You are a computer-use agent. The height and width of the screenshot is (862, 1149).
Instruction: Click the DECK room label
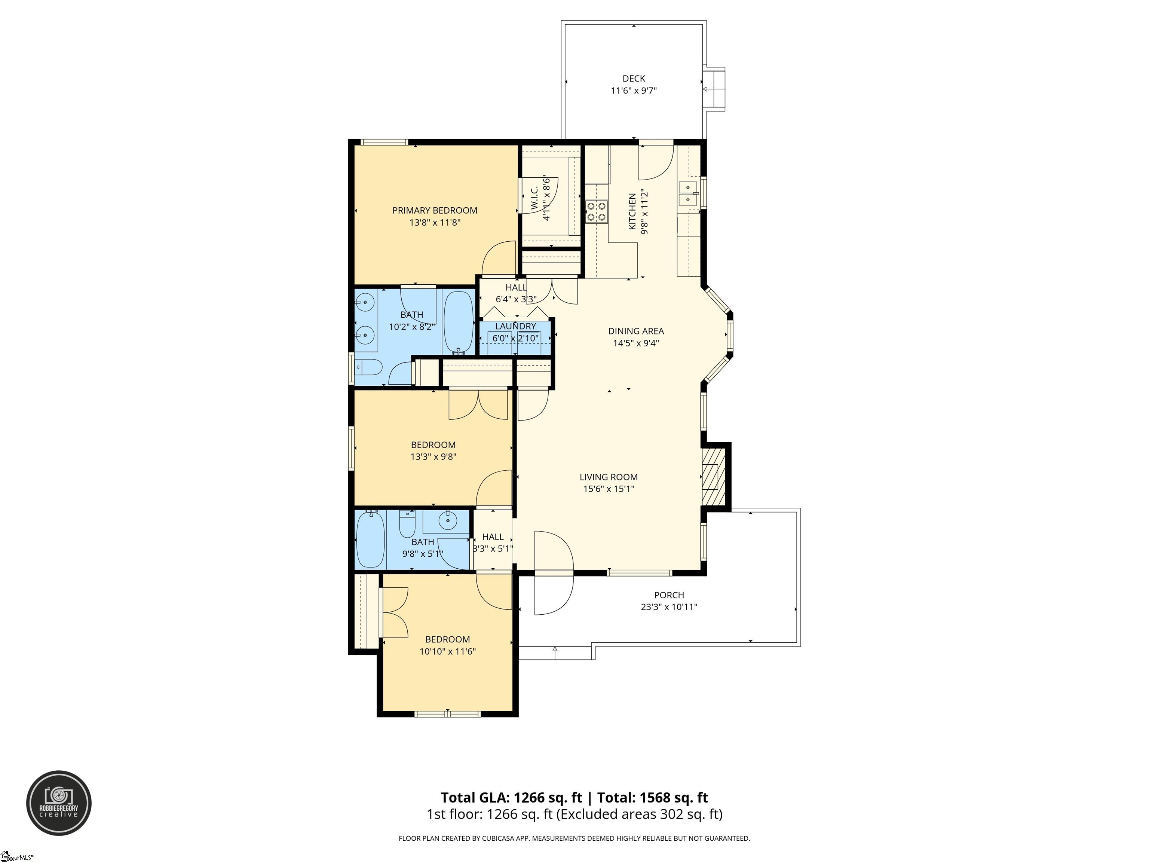coord(634,79)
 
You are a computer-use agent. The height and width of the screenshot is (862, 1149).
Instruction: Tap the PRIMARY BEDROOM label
coord(435,210)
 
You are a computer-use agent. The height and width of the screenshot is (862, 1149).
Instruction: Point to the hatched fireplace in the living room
coord(713,477)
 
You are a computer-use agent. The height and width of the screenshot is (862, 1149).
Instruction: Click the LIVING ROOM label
coord(609,477)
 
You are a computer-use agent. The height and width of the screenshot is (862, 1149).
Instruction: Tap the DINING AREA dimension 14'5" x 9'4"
coord(636,343)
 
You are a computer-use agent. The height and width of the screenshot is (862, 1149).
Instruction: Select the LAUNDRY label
coord(515,326)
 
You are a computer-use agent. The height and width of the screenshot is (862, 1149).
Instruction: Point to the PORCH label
coord(669,595)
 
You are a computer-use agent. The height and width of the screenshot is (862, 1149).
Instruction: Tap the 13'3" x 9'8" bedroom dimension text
coord(434,457)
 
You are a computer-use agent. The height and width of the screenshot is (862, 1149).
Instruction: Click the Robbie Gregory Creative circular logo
coord(59,803)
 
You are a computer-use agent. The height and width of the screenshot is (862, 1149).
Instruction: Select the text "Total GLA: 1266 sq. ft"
coord(512,798)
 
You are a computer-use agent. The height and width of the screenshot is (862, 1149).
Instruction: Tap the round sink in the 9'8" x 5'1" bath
coord(447,520)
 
